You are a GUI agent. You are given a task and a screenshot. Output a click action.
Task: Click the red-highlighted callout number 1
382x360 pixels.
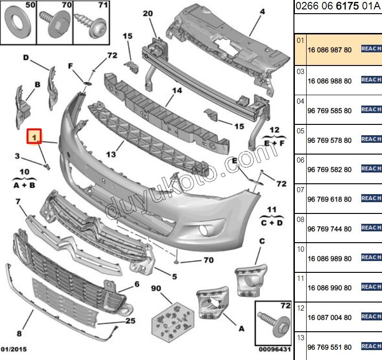34,137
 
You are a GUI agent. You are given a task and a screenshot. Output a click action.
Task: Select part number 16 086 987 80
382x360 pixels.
329,49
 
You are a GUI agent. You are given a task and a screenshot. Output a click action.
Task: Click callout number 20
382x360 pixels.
148,14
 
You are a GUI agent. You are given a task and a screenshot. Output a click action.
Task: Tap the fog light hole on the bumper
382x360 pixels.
204,230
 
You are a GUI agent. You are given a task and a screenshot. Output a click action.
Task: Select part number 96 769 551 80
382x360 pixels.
329,347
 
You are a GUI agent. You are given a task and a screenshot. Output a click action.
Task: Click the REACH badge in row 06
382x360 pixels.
371,168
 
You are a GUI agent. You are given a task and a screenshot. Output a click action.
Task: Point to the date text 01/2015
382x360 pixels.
14,349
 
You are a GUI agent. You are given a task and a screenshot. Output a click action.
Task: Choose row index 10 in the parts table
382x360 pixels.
301,249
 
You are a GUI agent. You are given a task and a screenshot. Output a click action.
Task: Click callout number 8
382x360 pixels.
19,334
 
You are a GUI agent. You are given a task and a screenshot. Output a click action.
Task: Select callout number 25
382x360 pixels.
130,321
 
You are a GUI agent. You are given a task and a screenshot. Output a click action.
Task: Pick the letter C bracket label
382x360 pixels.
262,242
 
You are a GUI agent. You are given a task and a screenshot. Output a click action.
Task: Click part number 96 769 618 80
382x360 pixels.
329,199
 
